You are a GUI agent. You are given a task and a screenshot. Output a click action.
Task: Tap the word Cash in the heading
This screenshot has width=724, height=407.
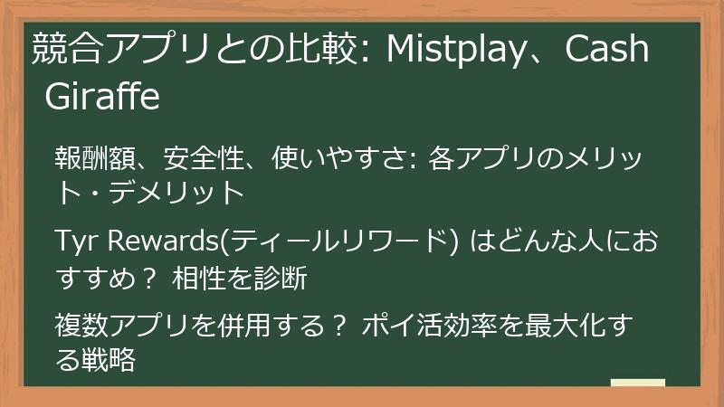coord(607,51)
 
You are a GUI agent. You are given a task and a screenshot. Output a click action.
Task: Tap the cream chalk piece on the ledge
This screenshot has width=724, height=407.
coord(637,385)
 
